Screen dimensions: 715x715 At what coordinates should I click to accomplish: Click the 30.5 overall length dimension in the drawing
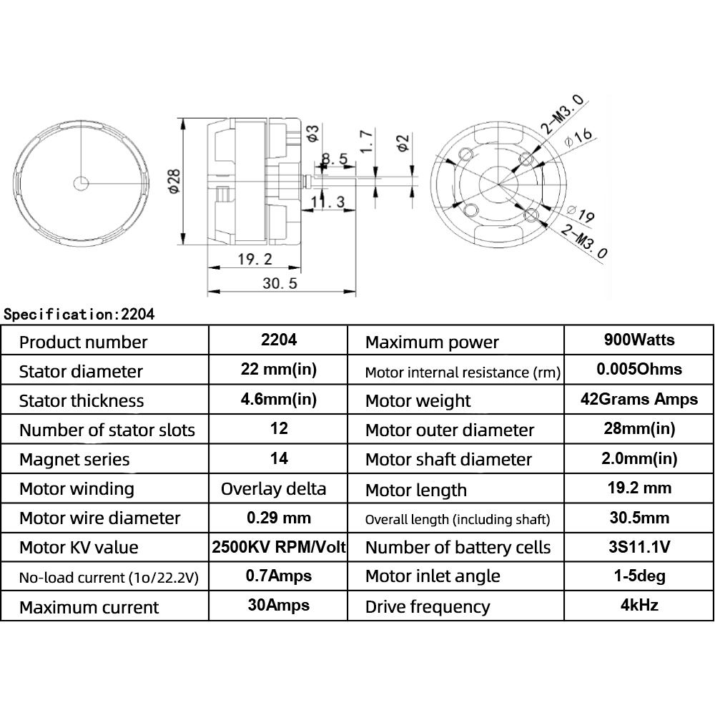pos(280,283)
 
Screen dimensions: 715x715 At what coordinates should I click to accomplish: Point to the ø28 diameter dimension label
pos(174,181)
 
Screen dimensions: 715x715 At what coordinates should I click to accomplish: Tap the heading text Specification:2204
pos(79,313)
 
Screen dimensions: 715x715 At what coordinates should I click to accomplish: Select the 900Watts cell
pos(638,340)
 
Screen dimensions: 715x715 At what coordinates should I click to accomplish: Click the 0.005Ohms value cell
pos(638,370)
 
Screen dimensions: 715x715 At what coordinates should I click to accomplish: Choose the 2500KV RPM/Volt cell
pos(280,548)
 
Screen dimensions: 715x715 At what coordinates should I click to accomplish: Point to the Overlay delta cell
pos(273,489)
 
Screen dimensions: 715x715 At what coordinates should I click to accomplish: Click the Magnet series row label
pos(74,459)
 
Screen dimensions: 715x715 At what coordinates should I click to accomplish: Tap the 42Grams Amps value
pos(638,399)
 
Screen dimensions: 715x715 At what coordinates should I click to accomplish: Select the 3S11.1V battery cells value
pos(638,548)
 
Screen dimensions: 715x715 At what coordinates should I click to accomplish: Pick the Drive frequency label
pos(428,607)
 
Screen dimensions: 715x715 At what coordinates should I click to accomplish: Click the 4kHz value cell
pos(638,606)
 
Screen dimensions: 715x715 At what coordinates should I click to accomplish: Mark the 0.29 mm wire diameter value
pos(278,518)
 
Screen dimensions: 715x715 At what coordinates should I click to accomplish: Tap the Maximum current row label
pos(89,608)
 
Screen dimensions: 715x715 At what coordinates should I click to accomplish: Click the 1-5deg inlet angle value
pos(638,576)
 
